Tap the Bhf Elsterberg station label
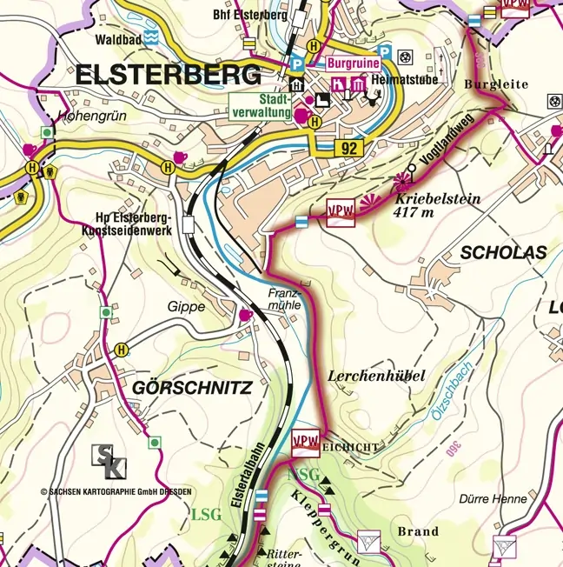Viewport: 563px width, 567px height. point(236,15)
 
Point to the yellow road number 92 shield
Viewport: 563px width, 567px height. point(349,149)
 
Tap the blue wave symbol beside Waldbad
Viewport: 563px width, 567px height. point(151,37)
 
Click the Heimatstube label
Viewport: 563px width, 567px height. point(401,78)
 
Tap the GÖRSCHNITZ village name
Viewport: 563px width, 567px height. point(192,389)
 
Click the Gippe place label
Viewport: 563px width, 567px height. point(187,307)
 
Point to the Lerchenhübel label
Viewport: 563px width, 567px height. point(376,376)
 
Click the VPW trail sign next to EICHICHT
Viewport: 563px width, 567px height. point(307,440)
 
